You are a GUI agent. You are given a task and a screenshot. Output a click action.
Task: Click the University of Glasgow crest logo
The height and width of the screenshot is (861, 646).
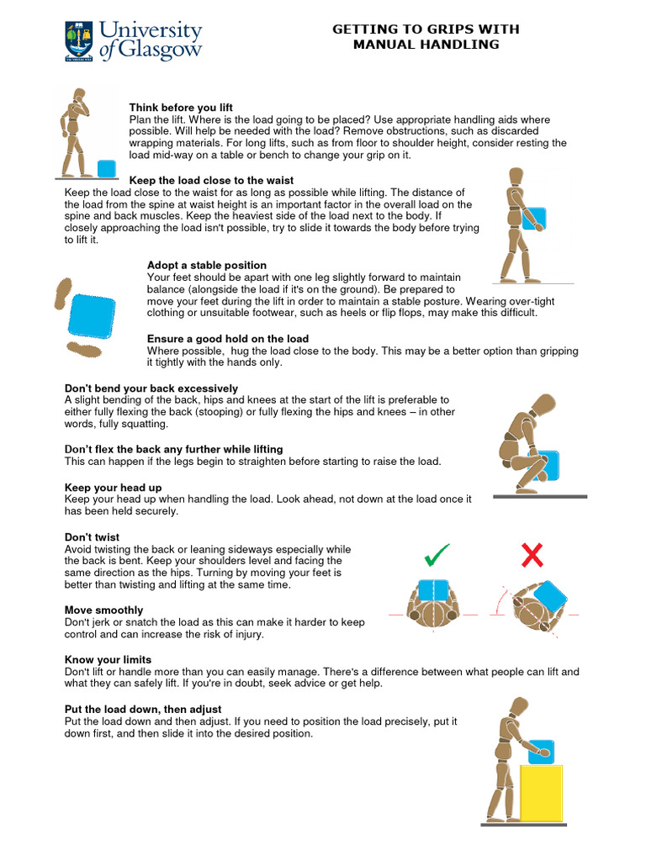click(80, 41)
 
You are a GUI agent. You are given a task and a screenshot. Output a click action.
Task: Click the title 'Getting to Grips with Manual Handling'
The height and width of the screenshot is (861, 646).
click(426, 36)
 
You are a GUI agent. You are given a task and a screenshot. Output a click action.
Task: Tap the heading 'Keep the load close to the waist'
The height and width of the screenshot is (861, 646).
click(211, 180)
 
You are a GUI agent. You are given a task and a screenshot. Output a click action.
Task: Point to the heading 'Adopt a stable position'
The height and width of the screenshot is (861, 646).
click(207, 265)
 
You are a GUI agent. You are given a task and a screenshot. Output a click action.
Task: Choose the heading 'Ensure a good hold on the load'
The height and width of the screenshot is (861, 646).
click(228, 339)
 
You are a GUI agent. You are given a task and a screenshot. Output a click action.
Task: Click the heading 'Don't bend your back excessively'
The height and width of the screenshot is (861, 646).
click(151, 388)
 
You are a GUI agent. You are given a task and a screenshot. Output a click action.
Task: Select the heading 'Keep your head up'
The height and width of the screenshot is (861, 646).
click(114, 487)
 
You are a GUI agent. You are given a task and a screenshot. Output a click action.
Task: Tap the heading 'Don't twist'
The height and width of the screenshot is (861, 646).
click(93, 536)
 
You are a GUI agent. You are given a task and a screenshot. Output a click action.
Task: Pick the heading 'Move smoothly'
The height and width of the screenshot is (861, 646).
click(104, 610)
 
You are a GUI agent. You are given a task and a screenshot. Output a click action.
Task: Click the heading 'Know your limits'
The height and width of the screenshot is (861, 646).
click(109, 659)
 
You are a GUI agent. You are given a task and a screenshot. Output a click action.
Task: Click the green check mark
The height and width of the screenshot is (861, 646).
click(437, 555)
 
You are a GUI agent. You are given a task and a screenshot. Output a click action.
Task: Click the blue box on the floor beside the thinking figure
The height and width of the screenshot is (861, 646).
click(107, 168)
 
